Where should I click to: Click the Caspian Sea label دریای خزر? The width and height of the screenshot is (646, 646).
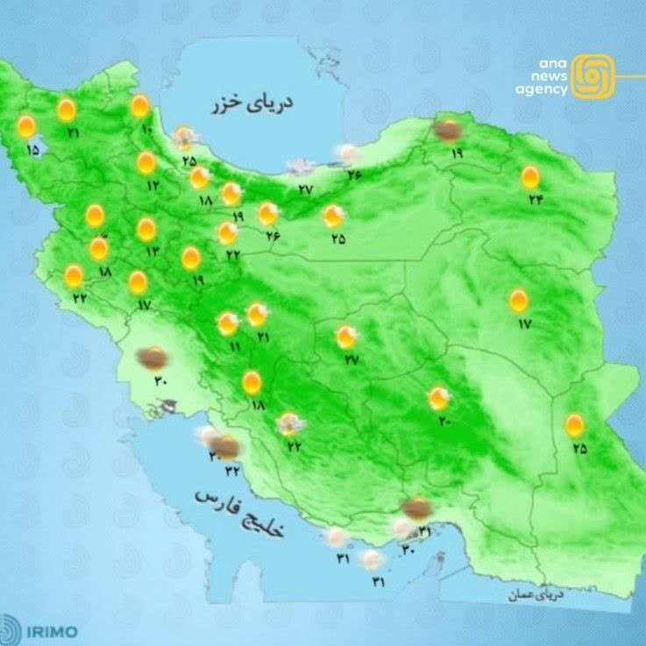[x=252, y=103]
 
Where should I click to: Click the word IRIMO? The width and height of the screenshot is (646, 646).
[x=52, y=631]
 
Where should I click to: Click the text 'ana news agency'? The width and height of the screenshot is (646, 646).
[x=541, y=76]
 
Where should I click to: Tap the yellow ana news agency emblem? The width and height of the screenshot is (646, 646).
[x=593, y=75]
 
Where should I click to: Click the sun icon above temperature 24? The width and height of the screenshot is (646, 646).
[x=529, y=177]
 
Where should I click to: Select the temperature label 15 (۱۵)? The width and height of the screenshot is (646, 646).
[x=32, y=151]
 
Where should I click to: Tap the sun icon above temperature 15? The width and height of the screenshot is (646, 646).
[x=26, y=127]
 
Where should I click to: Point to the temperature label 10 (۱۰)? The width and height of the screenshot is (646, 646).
[x=146, y=131]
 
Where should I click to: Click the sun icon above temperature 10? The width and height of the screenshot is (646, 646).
[x=139, y=106]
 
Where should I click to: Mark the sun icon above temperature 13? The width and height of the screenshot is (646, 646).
[x=146, y=230]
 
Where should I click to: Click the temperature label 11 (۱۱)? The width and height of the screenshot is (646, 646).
[x=234, y=347]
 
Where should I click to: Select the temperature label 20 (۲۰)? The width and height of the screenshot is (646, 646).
[x=444, y=422]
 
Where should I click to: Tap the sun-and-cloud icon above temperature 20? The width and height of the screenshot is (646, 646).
[x=438, y=399]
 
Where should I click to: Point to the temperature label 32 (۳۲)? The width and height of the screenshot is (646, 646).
[x=233, y=471]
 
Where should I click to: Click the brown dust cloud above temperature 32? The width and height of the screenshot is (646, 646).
[x=227, y=449]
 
